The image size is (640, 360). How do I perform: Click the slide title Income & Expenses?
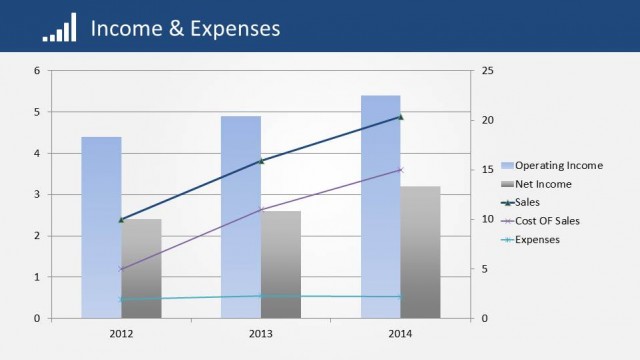point(185,28)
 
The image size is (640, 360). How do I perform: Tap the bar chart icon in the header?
point(59,30)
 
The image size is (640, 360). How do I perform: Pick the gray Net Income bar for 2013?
point(281,264)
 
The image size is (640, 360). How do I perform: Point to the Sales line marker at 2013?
point(261,161)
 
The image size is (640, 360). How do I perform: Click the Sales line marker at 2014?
point(400,117)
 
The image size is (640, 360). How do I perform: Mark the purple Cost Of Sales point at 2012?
point(121,269)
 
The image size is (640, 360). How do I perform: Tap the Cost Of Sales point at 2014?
point(400,170)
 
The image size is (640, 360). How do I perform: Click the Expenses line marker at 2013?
point(261,296)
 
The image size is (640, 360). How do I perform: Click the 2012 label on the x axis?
point(121,333)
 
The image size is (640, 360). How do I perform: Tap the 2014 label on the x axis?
point(400,333)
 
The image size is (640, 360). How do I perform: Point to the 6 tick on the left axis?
point(37,71)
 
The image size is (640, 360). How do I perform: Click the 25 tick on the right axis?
point(487,71)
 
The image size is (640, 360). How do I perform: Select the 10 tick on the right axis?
point(487,219)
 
